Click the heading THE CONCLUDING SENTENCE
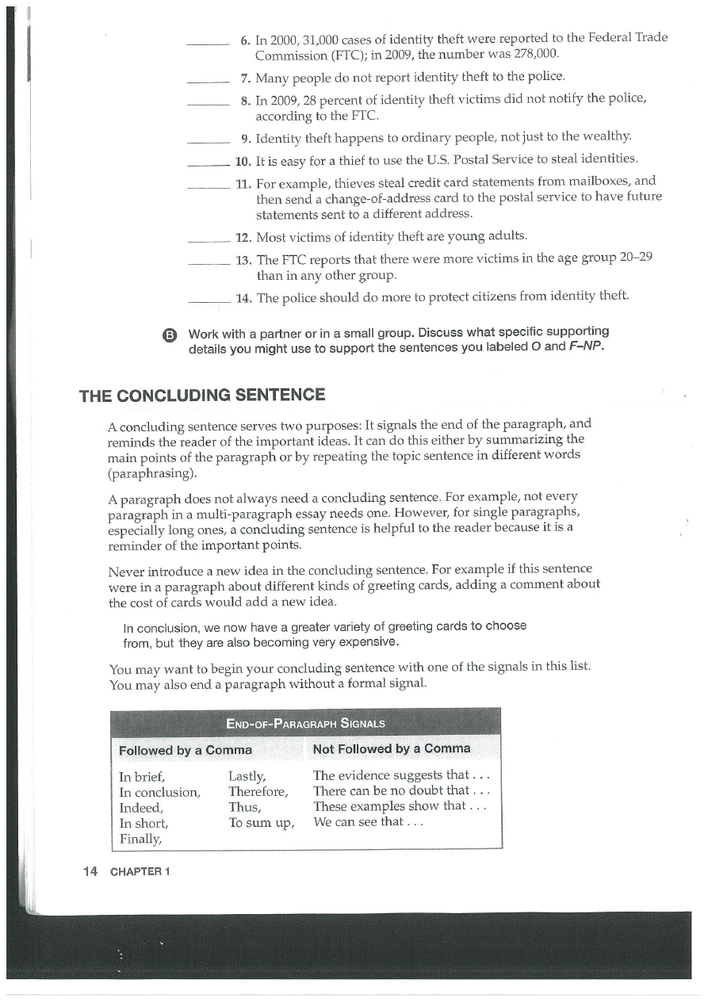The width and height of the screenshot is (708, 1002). (201, 395)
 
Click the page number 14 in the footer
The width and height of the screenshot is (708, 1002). (90, 871)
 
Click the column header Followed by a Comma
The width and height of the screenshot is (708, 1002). (185, 750)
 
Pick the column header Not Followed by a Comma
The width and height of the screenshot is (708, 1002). (392, 749)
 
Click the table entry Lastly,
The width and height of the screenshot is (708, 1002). (247, 776)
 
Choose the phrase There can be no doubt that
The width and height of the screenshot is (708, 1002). (394, 792)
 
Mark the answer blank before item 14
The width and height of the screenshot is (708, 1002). (209, 300)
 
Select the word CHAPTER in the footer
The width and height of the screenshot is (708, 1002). (135, 872)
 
